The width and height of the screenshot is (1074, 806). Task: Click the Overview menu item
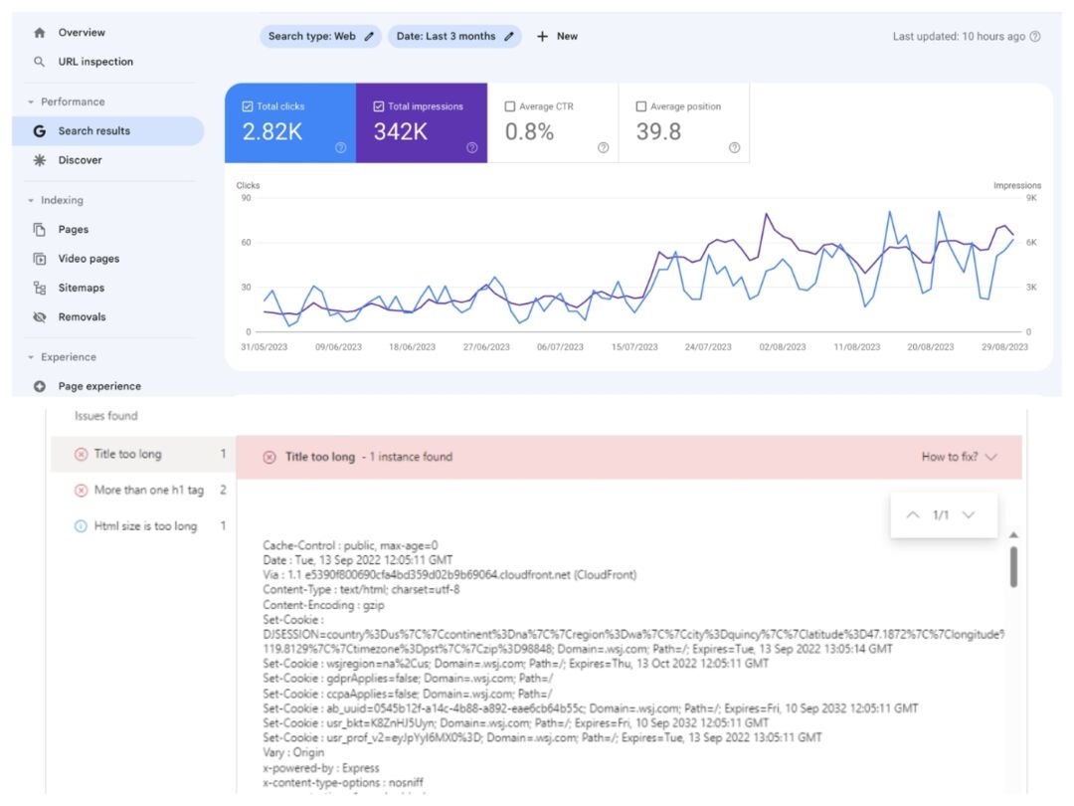82,33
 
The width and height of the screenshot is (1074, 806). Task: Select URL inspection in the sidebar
94,62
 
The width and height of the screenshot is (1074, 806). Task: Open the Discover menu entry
80,160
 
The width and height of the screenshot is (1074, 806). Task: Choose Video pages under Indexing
89,259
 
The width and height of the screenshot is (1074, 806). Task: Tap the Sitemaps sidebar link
81,288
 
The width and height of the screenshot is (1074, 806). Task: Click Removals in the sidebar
82,317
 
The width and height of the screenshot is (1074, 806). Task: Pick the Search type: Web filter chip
320,37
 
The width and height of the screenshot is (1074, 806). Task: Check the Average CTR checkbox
510,106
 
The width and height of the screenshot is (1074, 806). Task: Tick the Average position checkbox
641,106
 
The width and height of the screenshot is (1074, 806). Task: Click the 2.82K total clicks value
272,132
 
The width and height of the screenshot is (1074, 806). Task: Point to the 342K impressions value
401,132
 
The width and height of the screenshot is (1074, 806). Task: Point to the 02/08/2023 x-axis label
783,347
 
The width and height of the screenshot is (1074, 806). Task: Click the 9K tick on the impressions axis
1032,198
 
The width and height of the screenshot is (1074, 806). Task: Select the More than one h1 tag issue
148,491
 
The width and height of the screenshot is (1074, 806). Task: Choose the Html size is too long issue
145,526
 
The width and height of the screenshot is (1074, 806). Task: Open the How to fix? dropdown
959,458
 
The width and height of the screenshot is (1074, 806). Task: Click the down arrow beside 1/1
968,515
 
